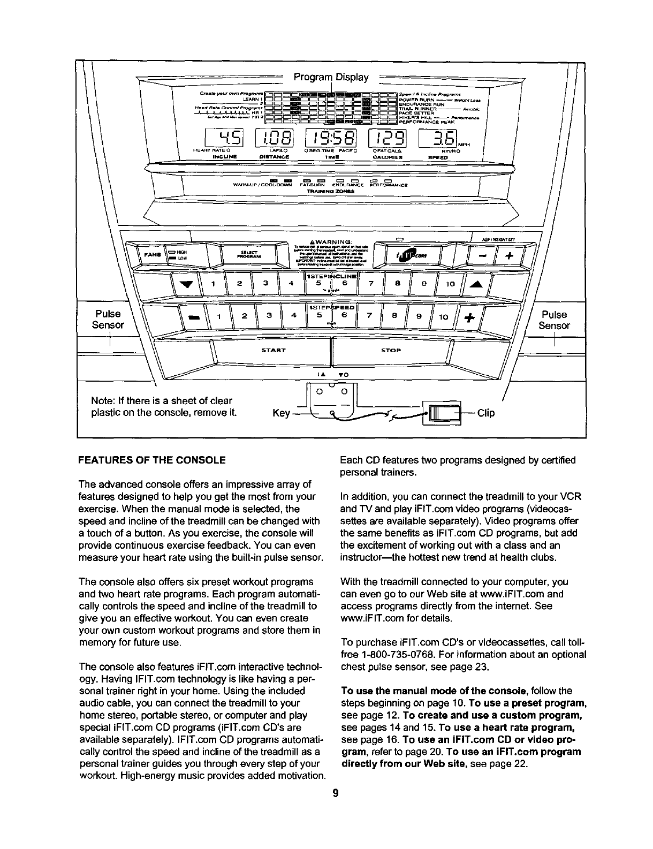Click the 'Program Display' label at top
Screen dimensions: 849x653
click(x=331, y=78)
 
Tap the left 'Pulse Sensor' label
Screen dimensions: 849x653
click(x=108, y=320)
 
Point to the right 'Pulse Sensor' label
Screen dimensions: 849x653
click(x=554, y=320)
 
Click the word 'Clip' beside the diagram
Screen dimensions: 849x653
click(x=486, y=413)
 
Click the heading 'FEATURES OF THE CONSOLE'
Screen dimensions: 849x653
click(x=152, y=460)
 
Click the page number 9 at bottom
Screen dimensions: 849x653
click(x=333, y=793)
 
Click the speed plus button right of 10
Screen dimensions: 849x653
click(x=469, y=318)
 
